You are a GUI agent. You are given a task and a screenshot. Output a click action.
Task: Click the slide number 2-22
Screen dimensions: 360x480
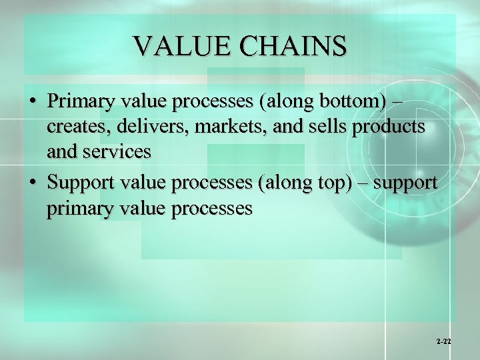[444, 341]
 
